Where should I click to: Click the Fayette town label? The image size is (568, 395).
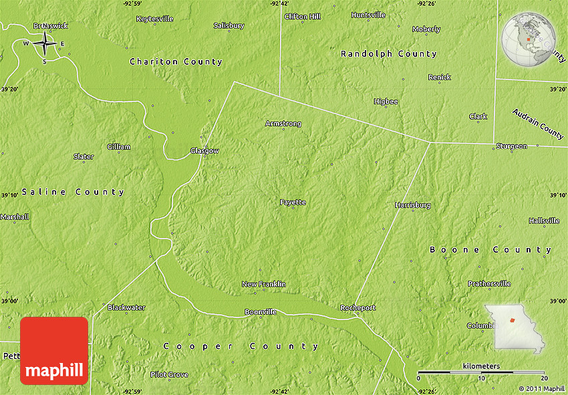click(293, 202)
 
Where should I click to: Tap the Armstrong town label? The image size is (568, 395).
click(283, 124)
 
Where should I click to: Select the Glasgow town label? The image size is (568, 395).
click(204, 151)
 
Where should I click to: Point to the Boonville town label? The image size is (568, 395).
click(260, 312)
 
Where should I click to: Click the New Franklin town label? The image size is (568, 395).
click(263, 284)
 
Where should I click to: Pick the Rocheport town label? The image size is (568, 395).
click(358, 308)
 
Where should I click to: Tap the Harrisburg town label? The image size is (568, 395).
click(412, 205)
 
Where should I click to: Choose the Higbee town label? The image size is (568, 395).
click(386, 102)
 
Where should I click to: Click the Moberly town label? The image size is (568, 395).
click(426, 29)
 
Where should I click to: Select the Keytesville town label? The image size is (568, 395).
click(154, 19)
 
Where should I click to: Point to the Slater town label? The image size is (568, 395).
click(84, 156)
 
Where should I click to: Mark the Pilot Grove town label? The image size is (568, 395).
click(169, 374)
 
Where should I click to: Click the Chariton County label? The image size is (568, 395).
click(176, 61)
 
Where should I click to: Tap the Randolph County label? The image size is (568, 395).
click(388, 53)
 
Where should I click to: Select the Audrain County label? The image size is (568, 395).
click(538, 124)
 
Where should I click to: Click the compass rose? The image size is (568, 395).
click(45, 44)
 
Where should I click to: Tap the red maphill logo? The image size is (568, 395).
click(54, 351)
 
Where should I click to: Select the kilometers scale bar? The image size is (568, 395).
click(481, 372)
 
